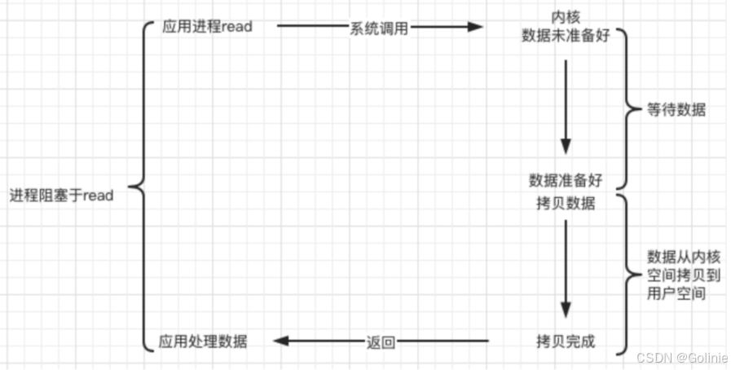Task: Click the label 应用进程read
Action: [x=208, y=27]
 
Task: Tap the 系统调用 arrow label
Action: [x=379, y=29]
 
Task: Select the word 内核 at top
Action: [x=566, y=17]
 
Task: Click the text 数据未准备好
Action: [x=566, y=35]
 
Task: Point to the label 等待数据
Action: [x=676, y=109]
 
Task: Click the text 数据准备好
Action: [x=566, y=180]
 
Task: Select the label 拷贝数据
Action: [x=566, y=203]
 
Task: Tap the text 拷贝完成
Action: [x=566, y=341]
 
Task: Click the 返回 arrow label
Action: [x=381, y=342]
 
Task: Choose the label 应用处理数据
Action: [x=203, y=341]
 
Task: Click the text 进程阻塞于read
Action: [x=62, y=196]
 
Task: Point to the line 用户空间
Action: [x=676, y=293]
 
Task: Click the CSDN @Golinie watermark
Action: [x=682, y=358]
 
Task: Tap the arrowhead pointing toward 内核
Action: [x=475, y=27]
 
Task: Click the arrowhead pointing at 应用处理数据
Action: [x=282, y=341]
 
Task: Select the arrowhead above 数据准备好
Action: [x=566, y=147]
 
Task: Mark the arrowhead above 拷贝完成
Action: [x=566, y=310]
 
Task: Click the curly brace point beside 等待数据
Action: [x=640, y=109]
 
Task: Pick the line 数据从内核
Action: [x=684, y=257]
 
